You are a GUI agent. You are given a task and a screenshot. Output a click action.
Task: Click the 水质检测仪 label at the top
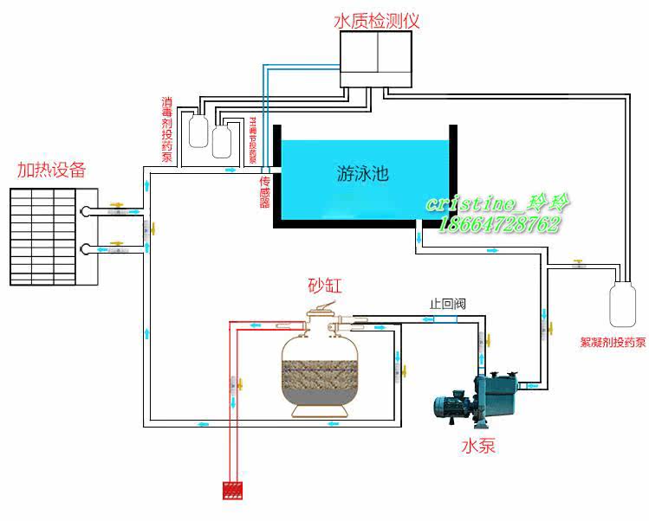pyautogui.click(x=376, y=21)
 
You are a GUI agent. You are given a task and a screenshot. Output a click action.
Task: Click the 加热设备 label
pyautogui.click(x=52, y=169)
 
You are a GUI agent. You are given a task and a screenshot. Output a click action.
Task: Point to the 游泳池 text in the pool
pyautogui.click(x=362, y=173)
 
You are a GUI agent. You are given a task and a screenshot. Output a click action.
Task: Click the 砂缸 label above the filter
pyautogui.click(x=324, y=286)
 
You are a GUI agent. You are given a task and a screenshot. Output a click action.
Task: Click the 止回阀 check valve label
pyautogui.click(x=448, y=304)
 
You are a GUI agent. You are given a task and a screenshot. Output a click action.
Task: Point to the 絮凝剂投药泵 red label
pyautogui.click(x=613, y=342)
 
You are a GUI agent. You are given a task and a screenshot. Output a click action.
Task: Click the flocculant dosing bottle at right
pyautogui.click(x=621, y=302)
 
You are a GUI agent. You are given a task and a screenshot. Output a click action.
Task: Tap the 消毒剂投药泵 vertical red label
pyautogui.click(x=166, y=130)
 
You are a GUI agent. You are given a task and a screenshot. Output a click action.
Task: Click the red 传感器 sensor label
pyautogui.click(x=265, y=193)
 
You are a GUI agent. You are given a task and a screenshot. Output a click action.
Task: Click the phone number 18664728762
pyautogui.click(x=500, y=224)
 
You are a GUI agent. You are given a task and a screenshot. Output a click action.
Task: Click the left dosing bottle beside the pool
pyautogui.click(x=198, y=133)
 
